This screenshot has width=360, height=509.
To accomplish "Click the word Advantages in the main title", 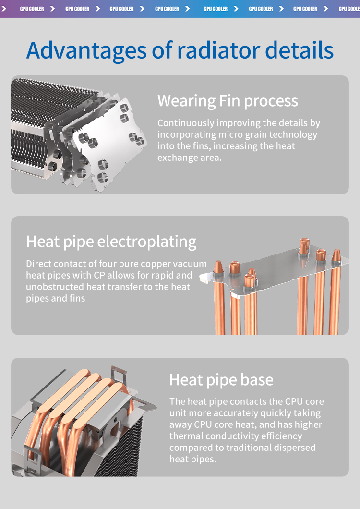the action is click(x=86, y=51).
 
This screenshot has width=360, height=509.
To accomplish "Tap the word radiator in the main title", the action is click(x=218, y=50).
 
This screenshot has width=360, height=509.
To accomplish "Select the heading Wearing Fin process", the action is click(x=228, y=101).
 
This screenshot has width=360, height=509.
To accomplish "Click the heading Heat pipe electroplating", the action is click(x=111, y=242).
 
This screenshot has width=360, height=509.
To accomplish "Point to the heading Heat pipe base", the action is click(x=221, y=380).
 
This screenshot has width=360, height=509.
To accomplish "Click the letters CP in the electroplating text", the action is click(x=99, y=275).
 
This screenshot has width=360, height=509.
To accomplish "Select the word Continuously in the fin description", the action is click(x=186, y=123).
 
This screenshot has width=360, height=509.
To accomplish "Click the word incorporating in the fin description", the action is click(x=187, y=135).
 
